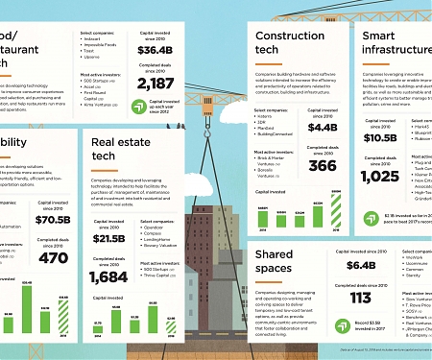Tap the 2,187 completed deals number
pos(156,84)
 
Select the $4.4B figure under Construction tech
pos(323,127)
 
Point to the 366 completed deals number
pos(323,165)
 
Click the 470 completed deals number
pos(54,257)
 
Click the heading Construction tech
pos(289,43)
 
